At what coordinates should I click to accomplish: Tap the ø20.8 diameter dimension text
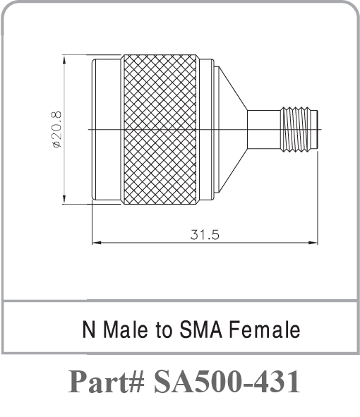click(56, 128)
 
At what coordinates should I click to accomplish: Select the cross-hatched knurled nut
click(160, 129)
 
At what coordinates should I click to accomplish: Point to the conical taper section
click(229, 129)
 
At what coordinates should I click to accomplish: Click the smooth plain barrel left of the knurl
click(106, 129)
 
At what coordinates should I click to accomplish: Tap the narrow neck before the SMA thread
click(264, 129)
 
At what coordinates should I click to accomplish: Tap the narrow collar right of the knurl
click(206, 129)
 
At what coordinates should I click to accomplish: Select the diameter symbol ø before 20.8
click(56, 145)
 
